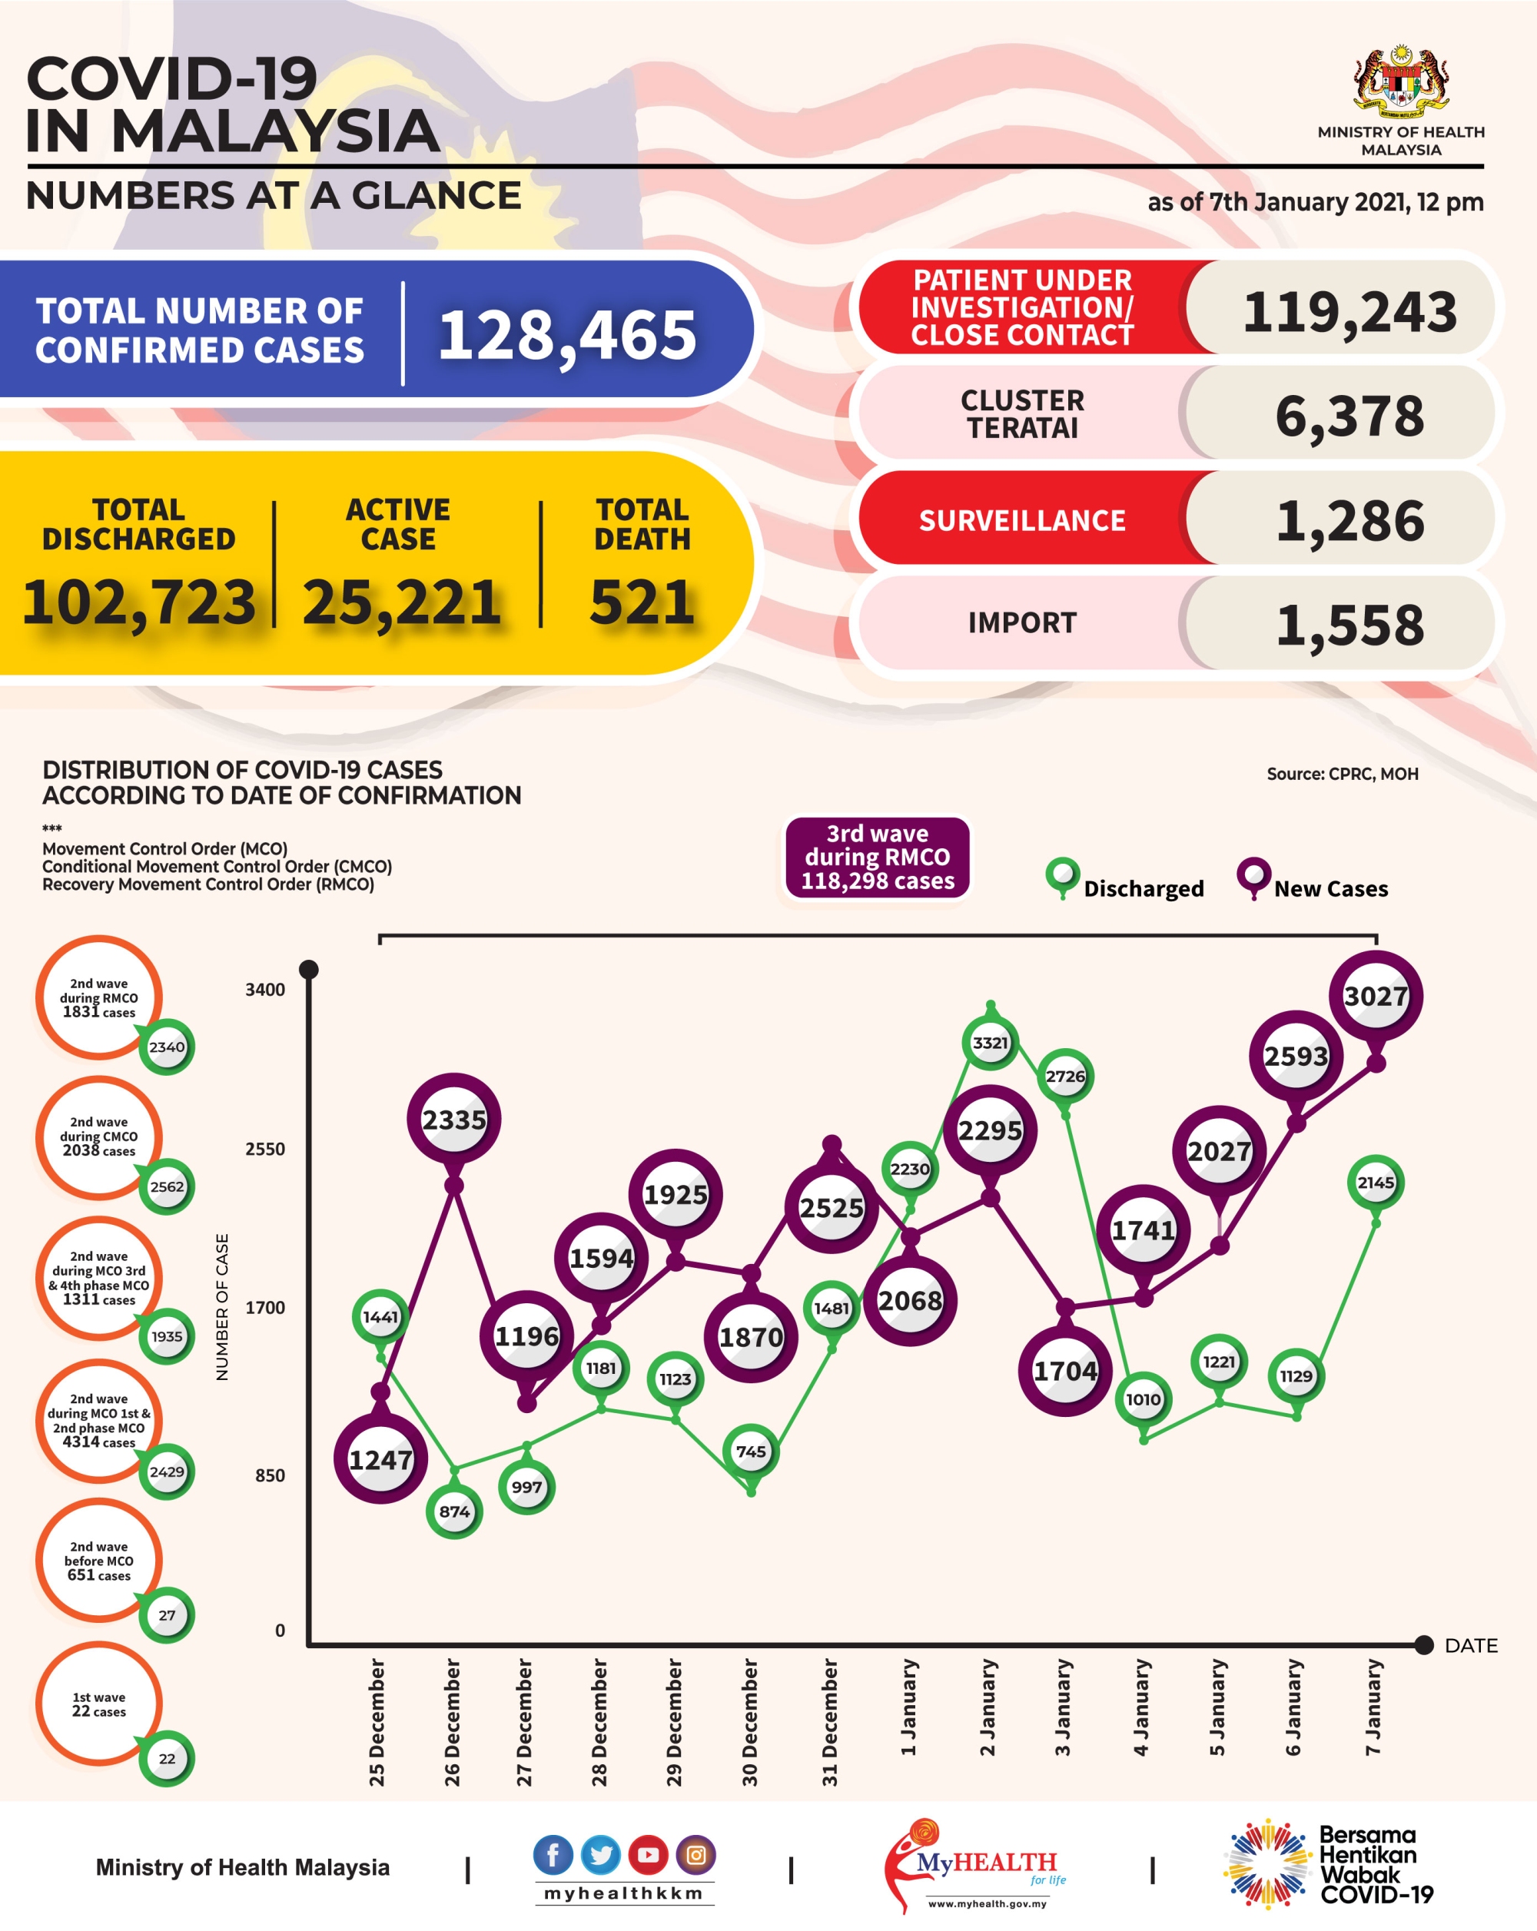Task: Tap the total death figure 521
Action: pos(641,602)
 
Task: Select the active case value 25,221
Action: pos(400,602)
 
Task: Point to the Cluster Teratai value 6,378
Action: pos(1348,416)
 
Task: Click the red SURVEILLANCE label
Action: pos(1021,520)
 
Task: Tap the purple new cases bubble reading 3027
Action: pos(1375,996)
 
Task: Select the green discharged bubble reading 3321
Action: pos(990,1043)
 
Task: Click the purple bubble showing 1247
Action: pos(380,1460)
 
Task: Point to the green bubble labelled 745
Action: pos(751,1451)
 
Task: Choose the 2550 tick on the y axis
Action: pos(265,1149)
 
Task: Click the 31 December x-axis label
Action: pos(830,1721)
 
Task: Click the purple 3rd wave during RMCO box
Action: pos(877,856)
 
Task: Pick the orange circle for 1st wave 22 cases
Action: pos(98,1704)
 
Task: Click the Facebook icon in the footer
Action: pos(553,1855)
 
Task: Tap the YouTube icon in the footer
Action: pos(648,1855)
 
